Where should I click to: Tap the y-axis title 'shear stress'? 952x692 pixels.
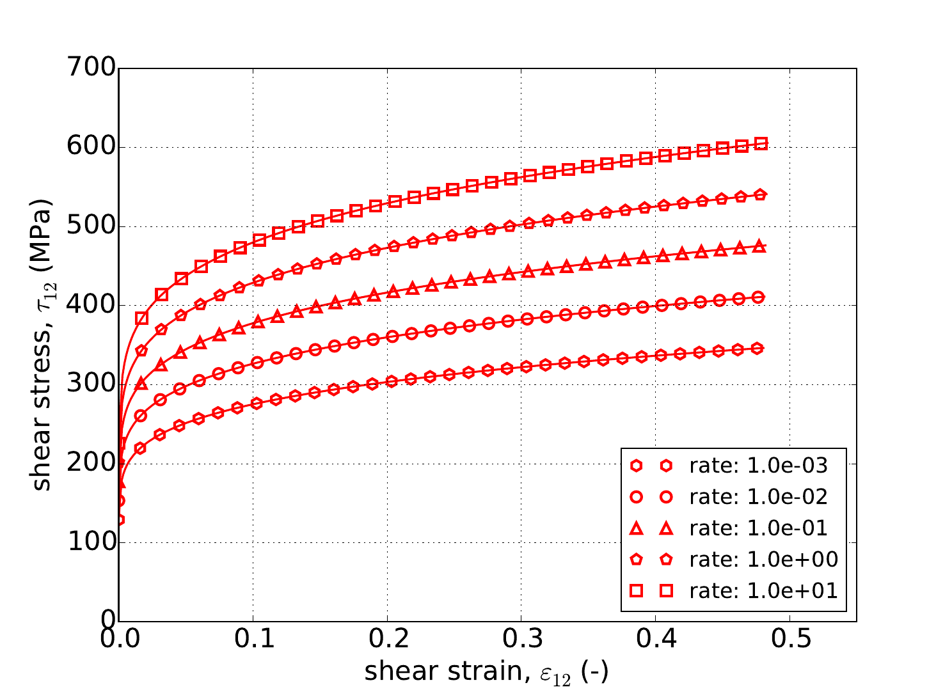pos(42,345)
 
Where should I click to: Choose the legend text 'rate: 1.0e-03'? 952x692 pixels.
pos(758,466)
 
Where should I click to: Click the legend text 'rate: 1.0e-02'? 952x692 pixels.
pos(758,497)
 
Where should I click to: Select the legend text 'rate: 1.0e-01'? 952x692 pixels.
pos(758,528)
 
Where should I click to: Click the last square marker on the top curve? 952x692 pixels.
pos(761,144)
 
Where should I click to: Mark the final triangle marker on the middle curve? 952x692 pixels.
pos(759,246)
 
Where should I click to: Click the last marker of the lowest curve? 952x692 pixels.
pos(758,349)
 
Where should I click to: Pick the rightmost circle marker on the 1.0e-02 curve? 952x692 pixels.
pos(759,297)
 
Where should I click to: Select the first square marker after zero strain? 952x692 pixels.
pos(141,318)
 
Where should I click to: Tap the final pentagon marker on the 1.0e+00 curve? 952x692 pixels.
pos(760,194)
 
